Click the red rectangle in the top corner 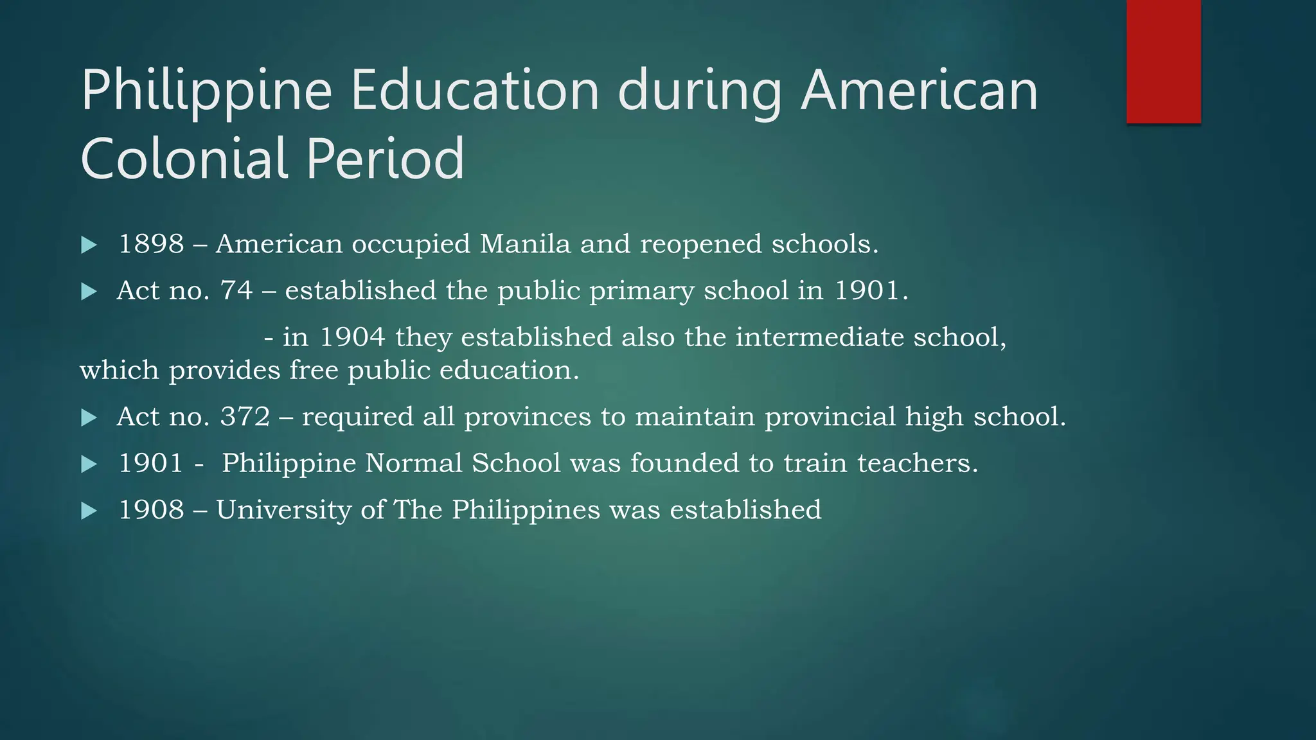pyautogui.click(x=1163, y=61)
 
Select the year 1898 pyautogui.click(x=152, y=244)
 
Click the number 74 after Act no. pyautogui.click(x=236, y=290)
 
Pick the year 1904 pyautogui.click(x=352, y=337)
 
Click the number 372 pyautogui.click(x=245, y=416)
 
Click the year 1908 pyautogui.click(x=152, y=510)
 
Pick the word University pyautogui.click(x=283, y=510)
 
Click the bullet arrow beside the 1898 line pyautogui.click(x=89, y=245)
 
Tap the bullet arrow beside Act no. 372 pyautogui.click(x=89, y=418)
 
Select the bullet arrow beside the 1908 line pyautogui.click(x=89, y=511)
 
